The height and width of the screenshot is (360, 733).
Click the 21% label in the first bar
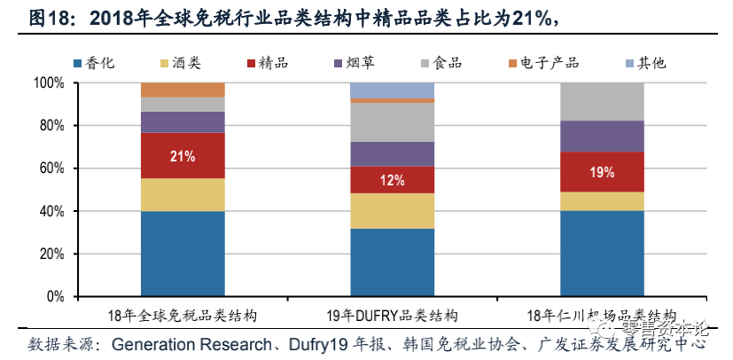[183, 156]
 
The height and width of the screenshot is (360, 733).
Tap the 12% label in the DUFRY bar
[392, 180]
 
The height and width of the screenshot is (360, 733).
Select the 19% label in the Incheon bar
[602, 172]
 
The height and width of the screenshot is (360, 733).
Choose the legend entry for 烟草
[357, 62]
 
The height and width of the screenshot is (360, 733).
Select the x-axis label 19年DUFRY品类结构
[393, 315]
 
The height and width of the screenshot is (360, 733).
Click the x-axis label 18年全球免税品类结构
[182, 315]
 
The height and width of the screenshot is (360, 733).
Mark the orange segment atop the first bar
[183, 90]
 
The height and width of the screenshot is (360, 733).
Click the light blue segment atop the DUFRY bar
[392, 90]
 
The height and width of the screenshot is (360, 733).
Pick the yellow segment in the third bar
[602, 201]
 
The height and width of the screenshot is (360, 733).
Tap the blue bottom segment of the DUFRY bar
[392, 262]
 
